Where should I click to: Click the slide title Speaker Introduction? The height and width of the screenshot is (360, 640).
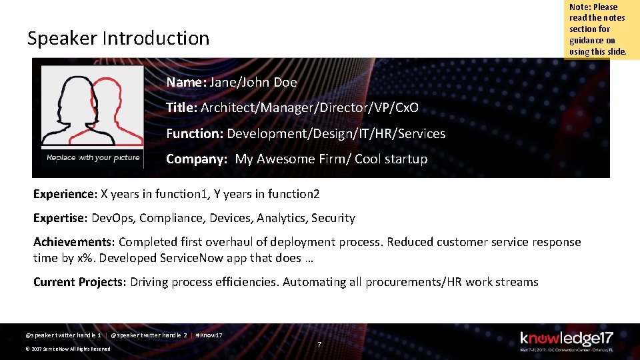click(118, 39)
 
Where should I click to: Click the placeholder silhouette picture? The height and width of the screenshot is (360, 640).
click(93, 110)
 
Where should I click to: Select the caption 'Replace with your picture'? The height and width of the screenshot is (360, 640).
click(93, 157)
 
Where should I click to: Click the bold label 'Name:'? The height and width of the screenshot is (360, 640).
click(186, 83)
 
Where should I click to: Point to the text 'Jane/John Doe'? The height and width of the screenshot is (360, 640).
click(253, 83)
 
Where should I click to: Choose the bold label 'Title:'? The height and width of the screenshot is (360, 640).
click(181, 108)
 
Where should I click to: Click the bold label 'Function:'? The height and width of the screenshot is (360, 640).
click(195, 133)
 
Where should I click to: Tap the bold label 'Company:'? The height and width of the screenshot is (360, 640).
click(197, 159)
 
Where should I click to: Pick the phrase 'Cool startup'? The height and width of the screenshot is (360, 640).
click(391, 159)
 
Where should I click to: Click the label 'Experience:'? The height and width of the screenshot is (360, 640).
click(65, 194)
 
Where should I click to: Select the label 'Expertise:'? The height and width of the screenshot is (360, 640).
click(61, 218)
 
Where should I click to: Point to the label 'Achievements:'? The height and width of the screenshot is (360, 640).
click(74, 242)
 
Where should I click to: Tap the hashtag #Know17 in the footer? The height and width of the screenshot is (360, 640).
click(209, 335)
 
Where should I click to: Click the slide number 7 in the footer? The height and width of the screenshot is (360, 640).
click(319, 345)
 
